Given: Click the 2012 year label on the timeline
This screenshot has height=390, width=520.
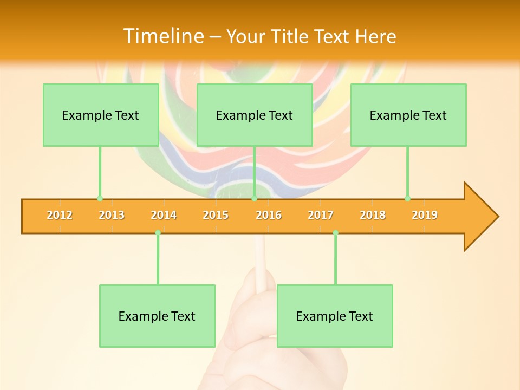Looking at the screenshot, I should tap(60, 215).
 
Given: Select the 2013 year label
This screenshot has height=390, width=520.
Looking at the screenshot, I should tap(112, 215).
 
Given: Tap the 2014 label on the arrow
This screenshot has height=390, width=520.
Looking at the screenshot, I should tap(164, 215).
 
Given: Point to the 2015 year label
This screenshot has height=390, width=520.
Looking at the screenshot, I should tap(216, 215).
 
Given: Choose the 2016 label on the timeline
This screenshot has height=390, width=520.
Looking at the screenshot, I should tap(269, 215).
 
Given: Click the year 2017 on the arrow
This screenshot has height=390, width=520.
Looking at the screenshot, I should tap(321, 215).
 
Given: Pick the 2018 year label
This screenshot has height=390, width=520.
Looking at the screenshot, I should tap(373, 215).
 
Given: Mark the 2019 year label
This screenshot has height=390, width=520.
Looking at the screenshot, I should tap(425, 215).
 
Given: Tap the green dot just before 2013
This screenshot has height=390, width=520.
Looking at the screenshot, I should tap(100, 199).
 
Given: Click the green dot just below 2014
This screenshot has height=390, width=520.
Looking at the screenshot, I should tap(158, 232).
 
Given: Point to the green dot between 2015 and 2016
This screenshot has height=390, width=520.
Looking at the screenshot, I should tap(254, 199).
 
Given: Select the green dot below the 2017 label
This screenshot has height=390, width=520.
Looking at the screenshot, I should tap(335, 232).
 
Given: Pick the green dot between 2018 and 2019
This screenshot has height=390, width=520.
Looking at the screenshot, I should tap(407, 199).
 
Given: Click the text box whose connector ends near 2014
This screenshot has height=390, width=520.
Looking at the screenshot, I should tap(157, 316).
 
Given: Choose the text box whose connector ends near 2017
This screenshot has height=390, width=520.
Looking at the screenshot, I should tap(335, 316).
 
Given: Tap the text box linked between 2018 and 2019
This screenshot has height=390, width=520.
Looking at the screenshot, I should tap(408, 115).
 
